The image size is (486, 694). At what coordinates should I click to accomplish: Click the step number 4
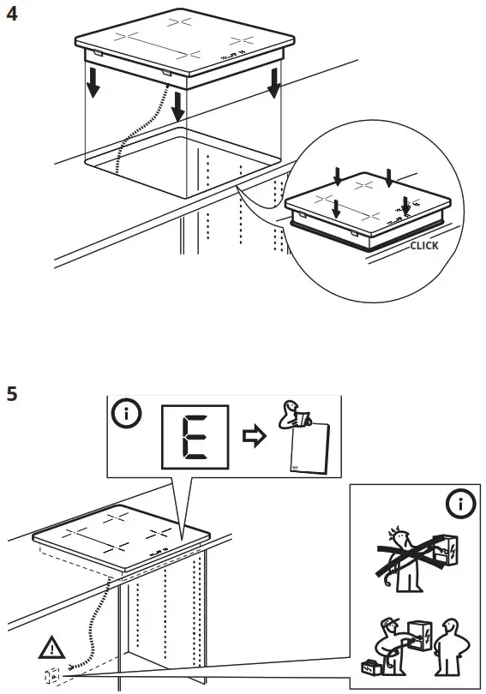coord(12,15)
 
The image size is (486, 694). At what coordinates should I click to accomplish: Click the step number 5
coord(12,395)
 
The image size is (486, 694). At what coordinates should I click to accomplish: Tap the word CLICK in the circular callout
coord(423,246)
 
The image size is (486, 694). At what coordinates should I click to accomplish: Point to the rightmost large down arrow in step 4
coord(273,83)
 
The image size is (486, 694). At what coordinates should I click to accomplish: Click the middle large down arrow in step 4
coord(177,104)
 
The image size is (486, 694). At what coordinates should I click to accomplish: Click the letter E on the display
coord(195,437)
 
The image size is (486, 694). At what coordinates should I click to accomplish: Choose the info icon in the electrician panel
coord(462,504)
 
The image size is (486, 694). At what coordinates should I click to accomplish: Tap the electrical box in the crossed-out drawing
coord(447,550)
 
